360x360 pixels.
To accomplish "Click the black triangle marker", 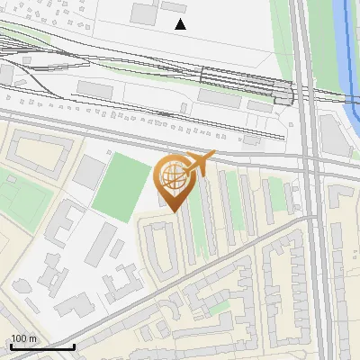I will point(181,24).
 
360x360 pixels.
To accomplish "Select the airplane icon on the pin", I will point(200,162).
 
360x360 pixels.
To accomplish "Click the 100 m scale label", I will point(23,338).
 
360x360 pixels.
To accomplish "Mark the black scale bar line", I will point(42,346).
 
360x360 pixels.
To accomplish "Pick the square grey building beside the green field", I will point(89,170).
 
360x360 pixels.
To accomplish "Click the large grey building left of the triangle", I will point(144,13).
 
